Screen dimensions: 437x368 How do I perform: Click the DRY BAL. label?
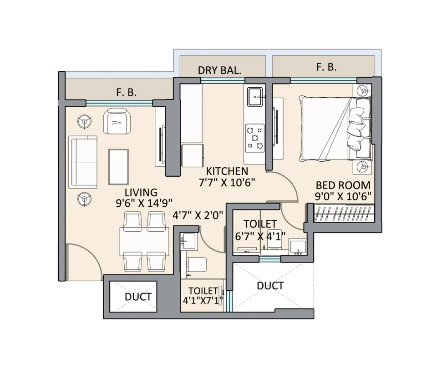point(219,70)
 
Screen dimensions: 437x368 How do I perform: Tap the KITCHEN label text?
point(227,171)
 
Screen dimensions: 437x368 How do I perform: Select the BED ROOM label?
point(343,185)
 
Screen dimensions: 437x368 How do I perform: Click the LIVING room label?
point(141,193)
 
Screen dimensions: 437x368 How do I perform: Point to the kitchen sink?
point(255,96)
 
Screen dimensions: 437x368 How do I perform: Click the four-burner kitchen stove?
point(254,138)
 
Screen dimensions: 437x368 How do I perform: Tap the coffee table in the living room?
point(118,167)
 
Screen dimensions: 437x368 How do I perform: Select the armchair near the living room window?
point(117,121)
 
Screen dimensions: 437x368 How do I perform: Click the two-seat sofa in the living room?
point(83,162)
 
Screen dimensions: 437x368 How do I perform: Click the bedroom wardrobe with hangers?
point(344,213)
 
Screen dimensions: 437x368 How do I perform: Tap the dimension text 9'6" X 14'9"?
point(144,203)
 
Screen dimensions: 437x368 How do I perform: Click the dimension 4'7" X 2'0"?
point(198,215)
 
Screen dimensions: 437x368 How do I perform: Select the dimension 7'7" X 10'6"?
point(227,183)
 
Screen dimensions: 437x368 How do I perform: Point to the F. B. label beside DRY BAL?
point(326,67)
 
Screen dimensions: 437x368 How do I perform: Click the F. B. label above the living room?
point(126,92)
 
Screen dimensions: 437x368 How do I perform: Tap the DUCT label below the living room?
point(138,297)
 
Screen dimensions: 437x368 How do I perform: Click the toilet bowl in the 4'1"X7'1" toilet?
point(197,264)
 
